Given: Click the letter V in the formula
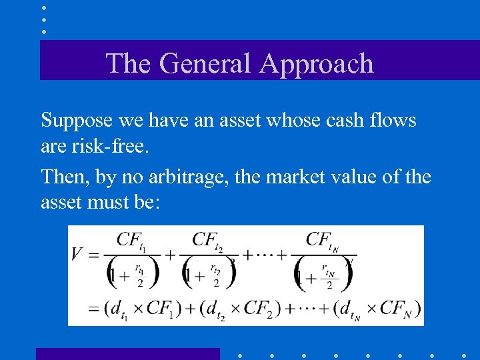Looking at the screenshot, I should [x=77, y=253].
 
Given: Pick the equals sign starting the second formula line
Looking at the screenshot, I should [x=93, y=309].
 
